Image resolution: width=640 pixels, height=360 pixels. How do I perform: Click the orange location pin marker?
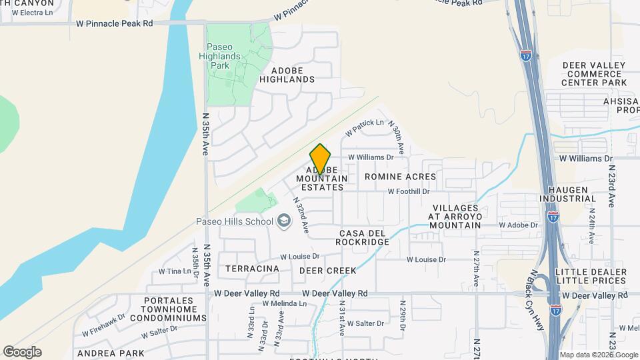point(320,159)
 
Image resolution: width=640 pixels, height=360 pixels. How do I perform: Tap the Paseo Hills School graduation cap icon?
point(284,221)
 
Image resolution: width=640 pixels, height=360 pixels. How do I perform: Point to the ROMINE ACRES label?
point(400,177)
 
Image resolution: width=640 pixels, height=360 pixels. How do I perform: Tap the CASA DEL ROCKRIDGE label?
point(364,237)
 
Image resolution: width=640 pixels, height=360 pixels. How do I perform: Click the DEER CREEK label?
point(327,271)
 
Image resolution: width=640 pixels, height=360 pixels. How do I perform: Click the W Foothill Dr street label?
point(409,191)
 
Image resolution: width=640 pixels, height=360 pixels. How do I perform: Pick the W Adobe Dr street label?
point(519,225)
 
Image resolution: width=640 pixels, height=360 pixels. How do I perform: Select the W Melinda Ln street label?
point(284,303)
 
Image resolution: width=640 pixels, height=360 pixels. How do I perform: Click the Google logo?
point(22,352)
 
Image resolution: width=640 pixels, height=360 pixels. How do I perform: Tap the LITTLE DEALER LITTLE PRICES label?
point(590,277)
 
